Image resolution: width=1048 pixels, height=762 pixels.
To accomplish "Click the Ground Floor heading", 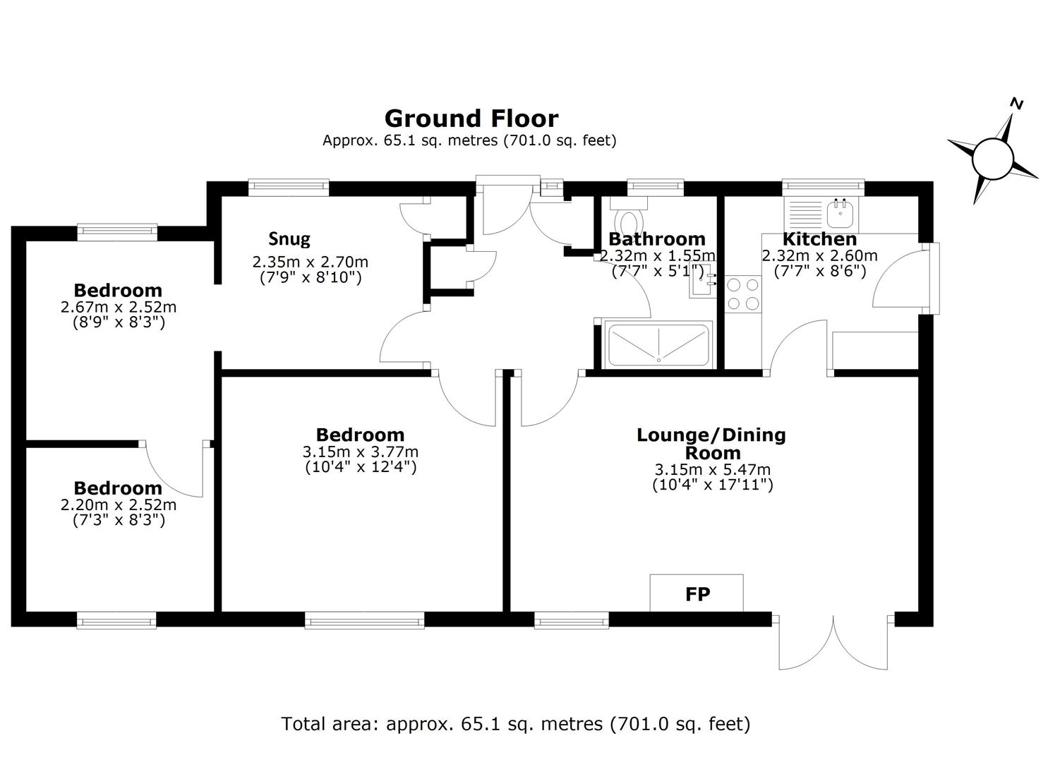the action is (471, 119).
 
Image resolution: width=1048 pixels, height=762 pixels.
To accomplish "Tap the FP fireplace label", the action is (697, 595).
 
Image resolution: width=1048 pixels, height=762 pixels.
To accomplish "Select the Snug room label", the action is (289, 239).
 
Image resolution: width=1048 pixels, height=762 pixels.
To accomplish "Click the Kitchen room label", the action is (819, 239).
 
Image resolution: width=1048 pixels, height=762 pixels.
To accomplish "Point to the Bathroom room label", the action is (657, 239).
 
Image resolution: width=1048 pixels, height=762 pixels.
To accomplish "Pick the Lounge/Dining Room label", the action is (711, 444).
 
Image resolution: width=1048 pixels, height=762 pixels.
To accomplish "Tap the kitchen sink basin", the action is (842, 214).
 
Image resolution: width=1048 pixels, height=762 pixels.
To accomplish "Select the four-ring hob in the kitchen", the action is (743, 294).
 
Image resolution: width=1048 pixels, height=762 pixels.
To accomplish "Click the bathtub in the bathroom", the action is (658, 344).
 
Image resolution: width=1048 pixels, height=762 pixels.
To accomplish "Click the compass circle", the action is (993, 159).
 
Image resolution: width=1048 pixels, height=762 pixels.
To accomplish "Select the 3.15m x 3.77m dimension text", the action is (360, 452).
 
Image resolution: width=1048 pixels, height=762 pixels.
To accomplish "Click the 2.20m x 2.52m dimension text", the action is (119, 504).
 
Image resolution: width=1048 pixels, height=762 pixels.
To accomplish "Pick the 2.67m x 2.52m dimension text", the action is (119, 307).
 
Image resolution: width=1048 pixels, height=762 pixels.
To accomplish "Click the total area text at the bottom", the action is (515, 724).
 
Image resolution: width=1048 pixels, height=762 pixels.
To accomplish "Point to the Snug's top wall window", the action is (288, 188).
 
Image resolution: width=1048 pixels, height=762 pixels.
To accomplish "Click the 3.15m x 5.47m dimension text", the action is (713, 469).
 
